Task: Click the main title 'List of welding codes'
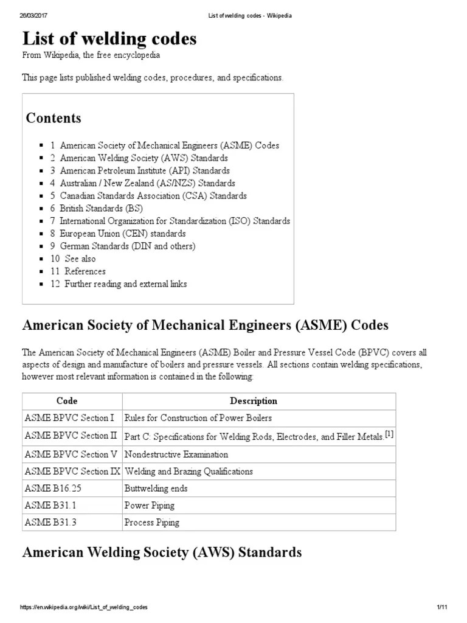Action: click(x=109, y=39)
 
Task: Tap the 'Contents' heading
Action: click(x=54, y=118)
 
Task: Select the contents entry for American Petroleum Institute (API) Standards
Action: click(x=145, y=171)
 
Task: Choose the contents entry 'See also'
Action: click(x=80, y=259)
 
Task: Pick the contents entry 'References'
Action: click(x=85, y=271)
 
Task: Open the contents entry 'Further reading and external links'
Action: click(x=125, y=284)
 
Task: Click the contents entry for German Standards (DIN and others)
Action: click(x=127, y=246)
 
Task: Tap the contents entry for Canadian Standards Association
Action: click(x=153, y=196)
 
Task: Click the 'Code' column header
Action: click(x=67, y=402)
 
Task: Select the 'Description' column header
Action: click(x=253, y=402)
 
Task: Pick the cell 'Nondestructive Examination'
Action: click(x=176, y=454)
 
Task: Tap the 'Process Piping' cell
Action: click(x=151, y=523)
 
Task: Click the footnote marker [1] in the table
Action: click(x=389, y=434)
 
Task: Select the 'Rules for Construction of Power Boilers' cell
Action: click(x=198, y=418)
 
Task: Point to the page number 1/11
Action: click(x=441, y=608)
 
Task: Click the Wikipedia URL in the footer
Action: click(x=84, y=608)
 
